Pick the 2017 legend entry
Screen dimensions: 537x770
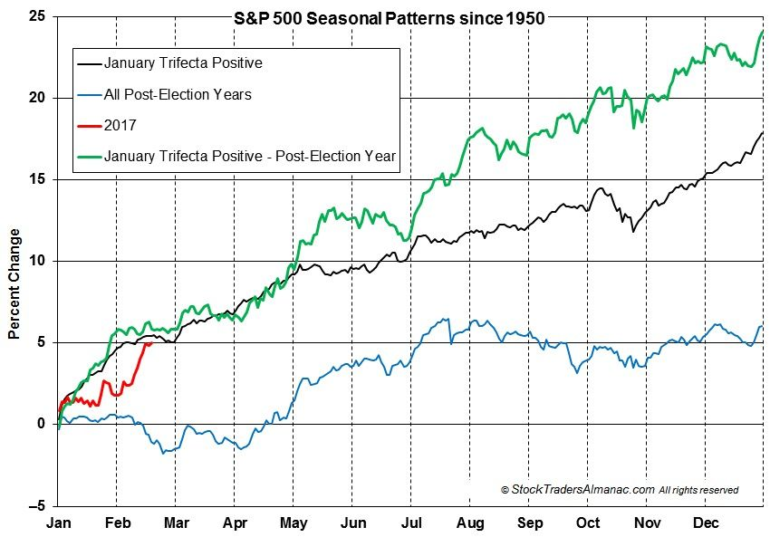coord(120,125)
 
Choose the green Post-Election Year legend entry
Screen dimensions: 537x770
coord(250,156)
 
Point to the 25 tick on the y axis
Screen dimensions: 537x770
coord(39,16)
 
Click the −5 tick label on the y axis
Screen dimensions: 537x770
coord(37,505)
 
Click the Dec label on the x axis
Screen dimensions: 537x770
coord(707,523)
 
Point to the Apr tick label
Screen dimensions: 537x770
coord(235,523)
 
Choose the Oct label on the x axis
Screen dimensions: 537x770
coord(588,523)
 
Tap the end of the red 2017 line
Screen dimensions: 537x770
coord(150,342)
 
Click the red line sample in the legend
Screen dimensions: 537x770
coord(88,125)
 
